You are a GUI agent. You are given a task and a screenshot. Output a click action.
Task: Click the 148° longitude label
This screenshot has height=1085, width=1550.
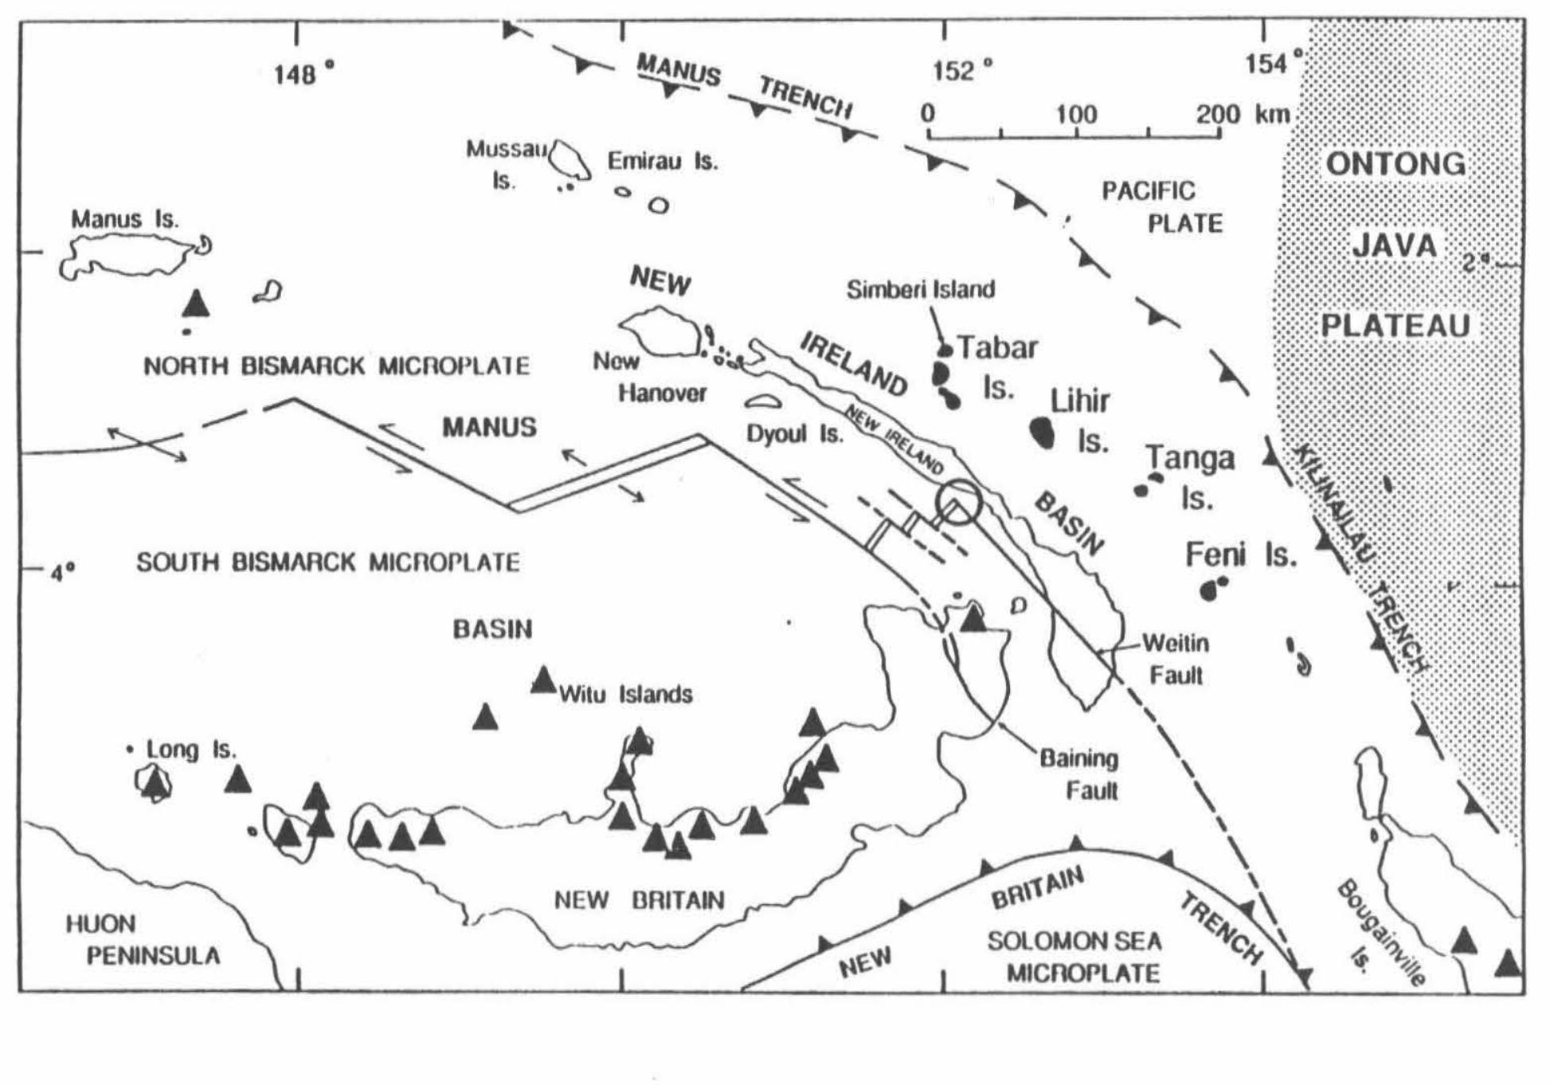click(303, 74)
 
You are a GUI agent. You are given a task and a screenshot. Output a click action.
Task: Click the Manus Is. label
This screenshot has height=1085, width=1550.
click(125, 219)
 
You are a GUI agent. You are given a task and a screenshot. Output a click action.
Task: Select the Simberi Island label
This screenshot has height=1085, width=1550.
click(920, 289)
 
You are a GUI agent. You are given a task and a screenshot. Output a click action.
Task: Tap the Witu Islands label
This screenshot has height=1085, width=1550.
click(625, 694)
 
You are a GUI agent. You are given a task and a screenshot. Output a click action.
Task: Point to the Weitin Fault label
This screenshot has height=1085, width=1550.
click(1175, 659)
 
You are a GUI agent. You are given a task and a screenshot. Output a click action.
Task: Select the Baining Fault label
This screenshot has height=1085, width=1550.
click(1078, 774)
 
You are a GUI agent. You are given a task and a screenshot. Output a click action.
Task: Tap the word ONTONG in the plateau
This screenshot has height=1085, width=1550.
click(1395, 164)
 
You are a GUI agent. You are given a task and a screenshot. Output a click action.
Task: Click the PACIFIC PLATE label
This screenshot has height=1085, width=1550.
click(1163, 207)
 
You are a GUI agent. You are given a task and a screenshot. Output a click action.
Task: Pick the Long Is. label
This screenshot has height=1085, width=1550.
click(191, 750)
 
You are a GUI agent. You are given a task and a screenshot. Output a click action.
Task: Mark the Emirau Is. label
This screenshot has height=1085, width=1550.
click(663, 162)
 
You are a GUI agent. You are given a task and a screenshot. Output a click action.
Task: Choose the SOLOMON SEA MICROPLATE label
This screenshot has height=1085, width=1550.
click(1075, 957)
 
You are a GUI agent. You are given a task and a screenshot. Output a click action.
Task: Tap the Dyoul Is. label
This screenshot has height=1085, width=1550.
click(794, 434)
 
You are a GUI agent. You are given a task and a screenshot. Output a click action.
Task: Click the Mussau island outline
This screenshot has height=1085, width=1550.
click(570, 160)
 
